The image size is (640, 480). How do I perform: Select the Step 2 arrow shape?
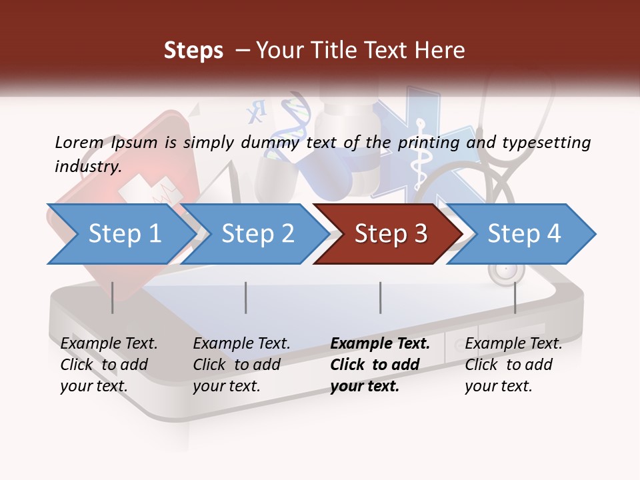[257, 234]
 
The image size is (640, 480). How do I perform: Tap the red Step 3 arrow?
[391, 234]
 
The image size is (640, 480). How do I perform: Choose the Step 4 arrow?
[524, 234]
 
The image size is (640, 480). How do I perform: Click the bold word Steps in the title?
[193, 51]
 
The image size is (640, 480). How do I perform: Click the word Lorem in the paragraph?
[79, 142]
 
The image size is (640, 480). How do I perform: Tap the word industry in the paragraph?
[87, 166]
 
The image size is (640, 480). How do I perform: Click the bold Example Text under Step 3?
[380, 344]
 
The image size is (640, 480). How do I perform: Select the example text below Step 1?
[109, 365]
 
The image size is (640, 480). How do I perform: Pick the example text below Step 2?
[241, 365]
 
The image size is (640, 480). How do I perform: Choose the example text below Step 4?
[513, 365]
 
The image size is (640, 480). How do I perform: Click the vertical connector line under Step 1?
[112, 297]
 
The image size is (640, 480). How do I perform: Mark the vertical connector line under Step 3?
[380, 297]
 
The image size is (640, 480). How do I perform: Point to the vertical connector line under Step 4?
[515, 297]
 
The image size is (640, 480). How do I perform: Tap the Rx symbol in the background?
[255, 112]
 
